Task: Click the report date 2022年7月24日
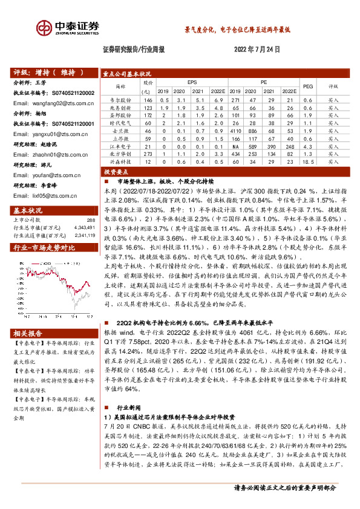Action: [x=257, y=51]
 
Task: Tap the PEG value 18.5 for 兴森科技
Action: [x=307, y=162]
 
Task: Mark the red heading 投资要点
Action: [x=116, y=172]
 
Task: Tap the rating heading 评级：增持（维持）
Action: [x=48, y=73]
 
